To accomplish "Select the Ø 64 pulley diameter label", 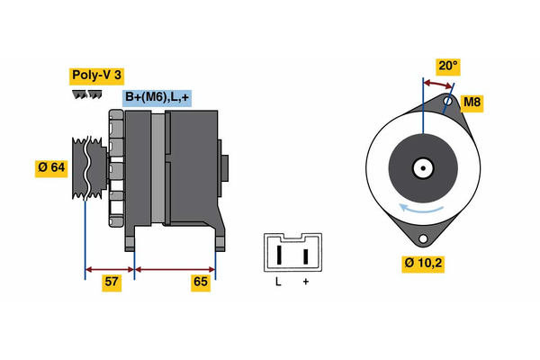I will (51, 168).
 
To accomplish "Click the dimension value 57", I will (112, 283).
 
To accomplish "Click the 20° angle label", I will (447, 66).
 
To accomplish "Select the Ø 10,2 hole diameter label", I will (424, 264).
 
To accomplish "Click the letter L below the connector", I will (278, 283).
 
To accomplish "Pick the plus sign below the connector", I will (306, 283).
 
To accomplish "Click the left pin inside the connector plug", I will (279, 255).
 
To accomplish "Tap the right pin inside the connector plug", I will (306, 255).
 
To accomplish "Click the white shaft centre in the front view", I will (421, 167).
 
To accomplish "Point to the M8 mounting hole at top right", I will (448, 102).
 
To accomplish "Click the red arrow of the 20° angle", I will (437, 84).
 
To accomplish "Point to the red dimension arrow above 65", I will (175, 268).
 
